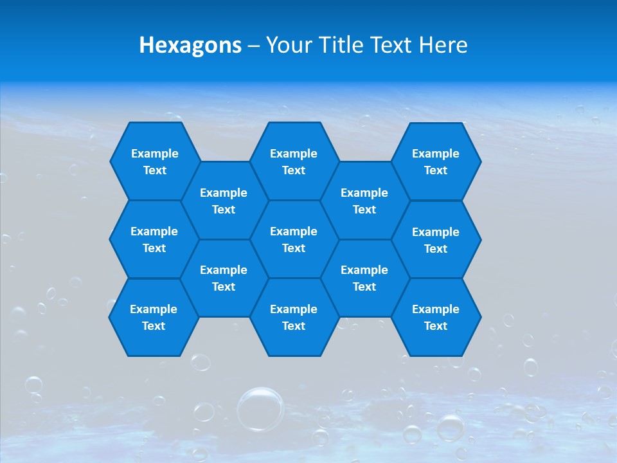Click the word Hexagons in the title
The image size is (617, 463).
click(x=190, y=45)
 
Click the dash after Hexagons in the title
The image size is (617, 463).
click(x=253, y=46)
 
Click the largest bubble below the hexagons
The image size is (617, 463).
click(x=260, y=408)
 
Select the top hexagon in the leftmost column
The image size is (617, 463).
click(x=155, y=161)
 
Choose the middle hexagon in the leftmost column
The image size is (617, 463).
click(x=154, y=239)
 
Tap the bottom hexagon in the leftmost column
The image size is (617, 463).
click(x=154, y=317)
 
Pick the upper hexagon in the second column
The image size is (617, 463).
click(x=224, y=201)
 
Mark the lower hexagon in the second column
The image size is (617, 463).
click(x=224, y=278)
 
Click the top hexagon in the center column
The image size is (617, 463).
click(x=294, y=161)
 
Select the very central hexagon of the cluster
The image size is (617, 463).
click(x=294, y=239)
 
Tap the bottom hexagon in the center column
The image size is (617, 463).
click(x=294, y=317)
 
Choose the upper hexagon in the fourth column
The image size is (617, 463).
click(x=364, y=201)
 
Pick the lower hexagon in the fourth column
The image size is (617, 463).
click(x=364, y=278)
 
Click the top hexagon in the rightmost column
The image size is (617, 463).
click(x=436, y=161)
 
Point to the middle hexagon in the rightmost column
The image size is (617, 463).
click(x=436, y=240)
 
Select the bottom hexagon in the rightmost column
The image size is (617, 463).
click(x=436, y=317)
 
